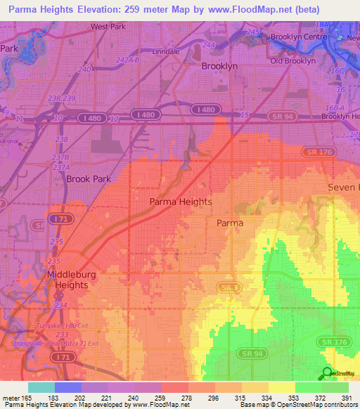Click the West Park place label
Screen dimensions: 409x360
(108, 27)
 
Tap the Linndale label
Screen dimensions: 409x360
(166, 52)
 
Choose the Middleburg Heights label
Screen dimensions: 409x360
(67, 280)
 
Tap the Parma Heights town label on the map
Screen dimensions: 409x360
(181, 202)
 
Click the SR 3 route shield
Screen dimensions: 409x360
(228, 288)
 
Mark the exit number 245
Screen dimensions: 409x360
(253, 33)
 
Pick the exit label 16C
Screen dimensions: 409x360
(338, 72)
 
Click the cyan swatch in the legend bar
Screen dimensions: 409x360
(41, 387)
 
